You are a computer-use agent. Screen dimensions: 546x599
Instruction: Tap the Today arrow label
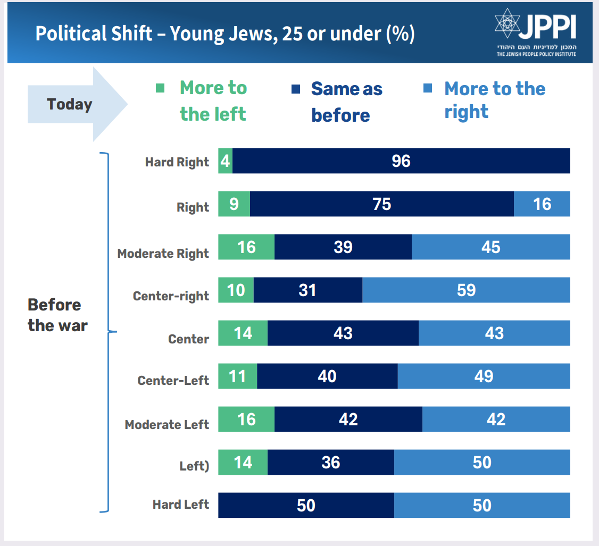tap(69, 104)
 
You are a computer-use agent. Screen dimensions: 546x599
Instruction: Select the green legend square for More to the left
tap(160, 88)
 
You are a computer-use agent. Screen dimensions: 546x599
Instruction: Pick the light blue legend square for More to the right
tap(427, 88)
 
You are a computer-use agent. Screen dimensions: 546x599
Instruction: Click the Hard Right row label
tap(177, 162)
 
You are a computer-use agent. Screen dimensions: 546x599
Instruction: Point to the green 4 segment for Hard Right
tap(225, 161)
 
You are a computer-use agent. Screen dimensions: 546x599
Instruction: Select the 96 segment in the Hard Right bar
tap(401, 161)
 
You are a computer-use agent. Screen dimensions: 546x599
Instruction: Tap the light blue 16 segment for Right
tap(542, 204)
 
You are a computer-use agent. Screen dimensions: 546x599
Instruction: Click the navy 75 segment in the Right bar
tap(381, 204)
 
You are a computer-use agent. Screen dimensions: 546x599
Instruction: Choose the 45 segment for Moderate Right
tap(490, 247)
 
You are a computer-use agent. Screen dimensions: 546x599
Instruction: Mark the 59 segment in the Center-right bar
tap(465, 290)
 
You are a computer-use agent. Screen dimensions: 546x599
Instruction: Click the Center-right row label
tap(171, 296)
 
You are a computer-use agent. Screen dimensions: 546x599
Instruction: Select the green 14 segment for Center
tap(243, 333)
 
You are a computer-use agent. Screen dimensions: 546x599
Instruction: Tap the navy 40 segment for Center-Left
tap(327, 376)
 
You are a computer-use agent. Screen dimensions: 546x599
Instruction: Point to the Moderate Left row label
tap(167, 424)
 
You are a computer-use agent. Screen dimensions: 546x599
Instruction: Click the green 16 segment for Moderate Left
tap(246, 419)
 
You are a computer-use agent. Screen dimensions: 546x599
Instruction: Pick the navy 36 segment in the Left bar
tap(330, 463)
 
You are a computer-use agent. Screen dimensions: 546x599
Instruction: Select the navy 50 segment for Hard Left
tap(306, 505)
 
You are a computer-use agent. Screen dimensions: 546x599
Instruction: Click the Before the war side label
tap(57, 315)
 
